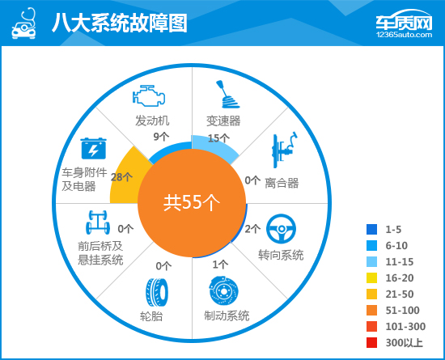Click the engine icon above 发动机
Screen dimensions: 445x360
point(149,95)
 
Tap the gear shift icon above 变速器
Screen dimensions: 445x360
point(228,95)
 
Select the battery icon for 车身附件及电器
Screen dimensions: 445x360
point(93,148)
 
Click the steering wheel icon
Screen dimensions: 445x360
point(281,229)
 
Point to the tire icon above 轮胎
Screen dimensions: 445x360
point(157,293)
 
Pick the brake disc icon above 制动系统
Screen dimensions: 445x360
point(223,291)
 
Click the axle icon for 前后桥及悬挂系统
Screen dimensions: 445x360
point(98,222)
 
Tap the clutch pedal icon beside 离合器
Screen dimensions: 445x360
point(285,150)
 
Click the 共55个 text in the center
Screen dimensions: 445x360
point(192,202)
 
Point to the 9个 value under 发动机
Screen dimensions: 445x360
point(162,137)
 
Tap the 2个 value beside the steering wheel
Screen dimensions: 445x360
point(252,229)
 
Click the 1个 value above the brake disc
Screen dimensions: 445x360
point(220,265)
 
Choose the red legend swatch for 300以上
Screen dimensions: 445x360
point(372,342)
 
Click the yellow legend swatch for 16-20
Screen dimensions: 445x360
point(372,277)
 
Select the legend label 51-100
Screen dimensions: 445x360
point(402,311)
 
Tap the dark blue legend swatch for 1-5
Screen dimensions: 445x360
point(372,229)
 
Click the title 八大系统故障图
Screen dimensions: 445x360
point(120,23)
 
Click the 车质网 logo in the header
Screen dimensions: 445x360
point(404,23)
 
